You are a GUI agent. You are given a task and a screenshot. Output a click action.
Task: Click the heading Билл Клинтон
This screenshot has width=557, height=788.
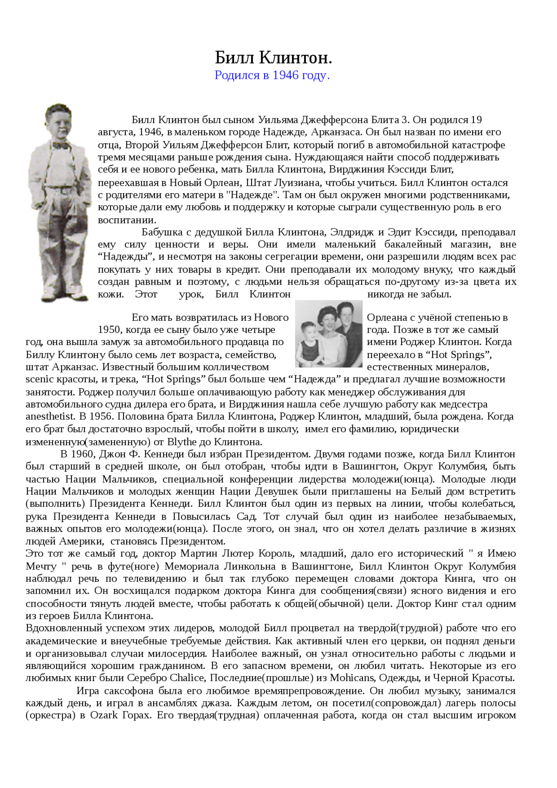(x=273, y=57)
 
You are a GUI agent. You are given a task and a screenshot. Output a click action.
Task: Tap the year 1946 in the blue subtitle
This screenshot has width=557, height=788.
(x=285, y=75)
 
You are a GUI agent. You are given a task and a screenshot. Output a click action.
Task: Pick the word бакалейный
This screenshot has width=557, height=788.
(x=413, y=244)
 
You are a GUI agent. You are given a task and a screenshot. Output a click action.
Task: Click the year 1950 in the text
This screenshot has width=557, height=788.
(x=110, y=330)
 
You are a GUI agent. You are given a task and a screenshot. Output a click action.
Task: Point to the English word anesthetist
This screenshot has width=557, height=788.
(x=50, y=416)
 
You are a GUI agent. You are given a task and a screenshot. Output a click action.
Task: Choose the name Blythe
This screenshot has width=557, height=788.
(x=182, y=442)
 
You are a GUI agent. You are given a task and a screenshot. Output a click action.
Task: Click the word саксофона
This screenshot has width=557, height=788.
(x=131, y=691)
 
